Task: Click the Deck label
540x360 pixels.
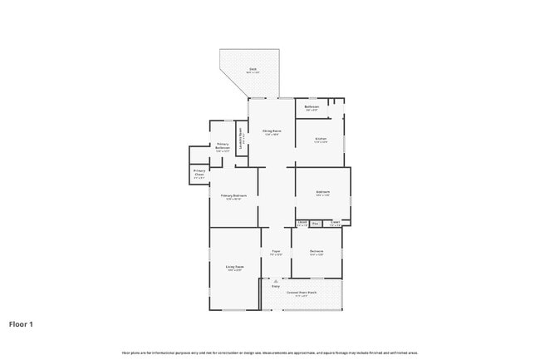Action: pos(253,69)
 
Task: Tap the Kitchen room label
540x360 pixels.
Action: pos(321,138)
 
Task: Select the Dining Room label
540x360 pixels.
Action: pos(272,131)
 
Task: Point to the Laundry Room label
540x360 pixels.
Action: pos(241,136)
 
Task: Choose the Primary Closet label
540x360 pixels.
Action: pos(199,172)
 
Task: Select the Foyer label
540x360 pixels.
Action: pos(276,251)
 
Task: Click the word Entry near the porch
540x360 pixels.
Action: pos(275,286)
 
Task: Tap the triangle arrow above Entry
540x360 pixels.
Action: pos(275,281)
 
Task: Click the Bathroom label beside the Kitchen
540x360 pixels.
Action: pos(312,106)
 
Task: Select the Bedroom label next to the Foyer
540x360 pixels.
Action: pos(317,251)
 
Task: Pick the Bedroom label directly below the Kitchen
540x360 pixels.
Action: pos(322,192)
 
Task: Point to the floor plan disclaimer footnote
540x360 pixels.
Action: pos(269,353)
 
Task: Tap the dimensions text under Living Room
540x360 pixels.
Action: pos(234,271)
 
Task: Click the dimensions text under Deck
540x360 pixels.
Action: pos(253,73)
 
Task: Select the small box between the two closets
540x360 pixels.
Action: pos(316,223)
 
